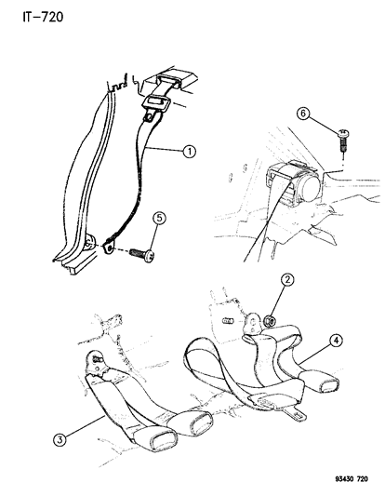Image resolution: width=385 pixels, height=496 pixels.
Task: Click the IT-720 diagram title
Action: [x=43, y=17]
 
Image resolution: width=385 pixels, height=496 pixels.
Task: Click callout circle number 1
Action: [x=190, y=152]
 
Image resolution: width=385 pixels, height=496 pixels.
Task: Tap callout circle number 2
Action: [x=287, y=279]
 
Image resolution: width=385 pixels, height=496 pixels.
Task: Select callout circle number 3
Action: [x=60, y=439]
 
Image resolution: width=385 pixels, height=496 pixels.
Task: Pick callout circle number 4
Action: [x=336, y=341]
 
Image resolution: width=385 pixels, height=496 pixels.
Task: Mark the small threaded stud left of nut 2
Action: [x=228, y=321]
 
